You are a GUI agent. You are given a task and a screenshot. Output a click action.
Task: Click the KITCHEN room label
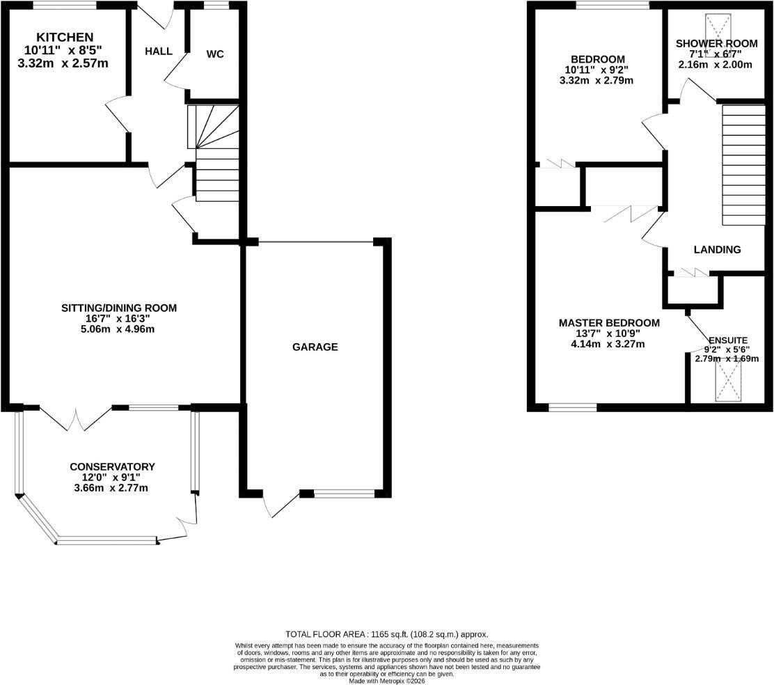pos(65,37)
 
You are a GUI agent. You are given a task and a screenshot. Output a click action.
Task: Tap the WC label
pos(214,54)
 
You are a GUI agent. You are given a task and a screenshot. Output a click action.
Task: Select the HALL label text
pos(159,52)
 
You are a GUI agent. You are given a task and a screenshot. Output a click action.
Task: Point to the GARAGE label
pos(315,347)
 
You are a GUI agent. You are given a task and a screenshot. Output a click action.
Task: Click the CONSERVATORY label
pos(112,466)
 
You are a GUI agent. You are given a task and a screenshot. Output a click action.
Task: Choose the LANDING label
pos(717,250)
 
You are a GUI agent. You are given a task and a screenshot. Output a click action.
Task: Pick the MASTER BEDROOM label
pos(609,323)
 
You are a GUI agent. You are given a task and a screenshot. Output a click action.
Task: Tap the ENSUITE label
pos(727,340)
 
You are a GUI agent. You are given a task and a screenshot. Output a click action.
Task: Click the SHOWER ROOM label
pos(716,43)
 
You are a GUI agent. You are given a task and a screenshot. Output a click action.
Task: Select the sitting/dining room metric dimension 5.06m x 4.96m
pos(118,329)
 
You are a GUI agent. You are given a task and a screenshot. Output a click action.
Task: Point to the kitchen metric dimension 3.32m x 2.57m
pos(63,63)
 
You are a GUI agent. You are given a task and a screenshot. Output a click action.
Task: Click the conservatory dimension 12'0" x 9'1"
pos(111,478)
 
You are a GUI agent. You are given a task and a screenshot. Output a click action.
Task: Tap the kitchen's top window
pos(65,6)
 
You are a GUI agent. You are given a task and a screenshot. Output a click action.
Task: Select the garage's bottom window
pos(345,493)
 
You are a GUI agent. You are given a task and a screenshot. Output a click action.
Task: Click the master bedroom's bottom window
pos(573,408)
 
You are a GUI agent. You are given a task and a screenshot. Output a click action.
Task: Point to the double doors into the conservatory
pos(76,418)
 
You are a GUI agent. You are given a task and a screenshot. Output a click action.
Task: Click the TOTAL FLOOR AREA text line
pos(386,634)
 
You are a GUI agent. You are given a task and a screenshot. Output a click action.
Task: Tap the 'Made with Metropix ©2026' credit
pos(386,681)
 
